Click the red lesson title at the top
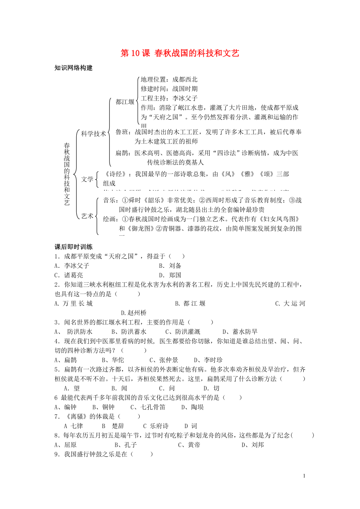tap(180, 54)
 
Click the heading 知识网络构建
tap(74, 68)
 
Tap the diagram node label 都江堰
tap(125, 102)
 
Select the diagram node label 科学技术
tap(93, 134)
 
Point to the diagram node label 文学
tap(87, 179)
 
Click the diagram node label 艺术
tap(87, 215)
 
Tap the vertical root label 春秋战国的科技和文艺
tap(67, 174)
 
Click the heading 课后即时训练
tap(74, 247)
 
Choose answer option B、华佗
tap(113, 360)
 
